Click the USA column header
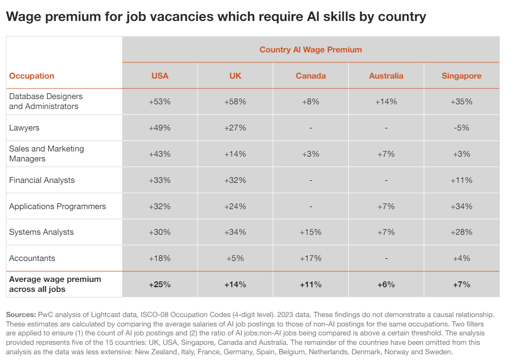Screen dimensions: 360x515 (x=160, y=76)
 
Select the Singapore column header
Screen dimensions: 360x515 (x=462, y=76)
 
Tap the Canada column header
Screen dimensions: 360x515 (x=310, y=76)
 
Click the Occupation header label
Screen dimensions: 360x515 (x=31, y=76)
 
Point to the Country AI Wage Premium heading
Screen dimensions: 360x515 (x=310, y=50)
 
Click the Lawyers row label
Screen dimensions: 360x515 (x=24, y=128)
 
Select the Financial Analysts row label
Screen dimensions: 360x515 (x=42, y=180)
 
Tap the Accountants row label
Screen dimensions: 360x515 (x=32, y=258)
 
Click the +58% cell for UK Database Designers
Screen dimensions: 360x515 (x=235, y=102)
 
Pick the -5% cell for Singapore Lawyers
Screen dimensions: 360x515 (x=462, y=128)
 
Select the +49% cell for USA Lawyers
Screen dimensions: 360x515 (x=160, y=128)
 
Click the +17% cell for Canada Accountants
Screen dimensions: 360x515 (x=310, y=258)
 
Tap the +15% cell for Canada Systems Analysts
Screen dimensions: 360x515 (x=310, y=232)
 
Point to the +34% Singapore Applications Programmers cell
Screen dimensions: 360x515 (x=462, y=206)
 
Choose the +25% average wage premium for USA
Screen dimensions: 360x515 (x=160, y=285)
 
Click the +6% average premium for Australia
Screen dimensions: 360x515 (x=386, y=285)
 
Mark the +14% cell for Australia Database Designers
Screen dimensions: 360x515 (x=386, y=102)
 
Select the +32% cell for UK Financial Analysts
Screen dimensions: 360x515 (x=235, y=180)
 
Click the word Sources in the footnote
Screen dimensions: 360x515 (x=20, y=314)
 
